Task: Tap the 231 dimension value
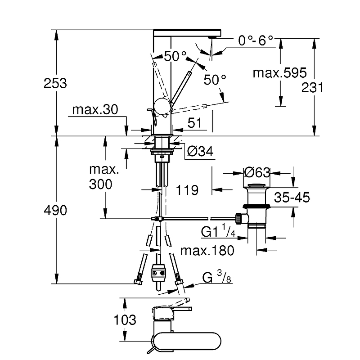pos(313,87)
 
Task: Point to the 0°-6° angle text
pos(256,41)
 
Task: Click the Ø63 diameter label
pos(256,172)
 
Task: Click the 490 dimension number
pos(55,210)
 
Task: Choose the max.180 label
pos(207,250)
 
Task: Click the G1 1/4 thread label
pos(219,232)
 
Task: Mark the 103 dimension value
pos(125,320)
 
